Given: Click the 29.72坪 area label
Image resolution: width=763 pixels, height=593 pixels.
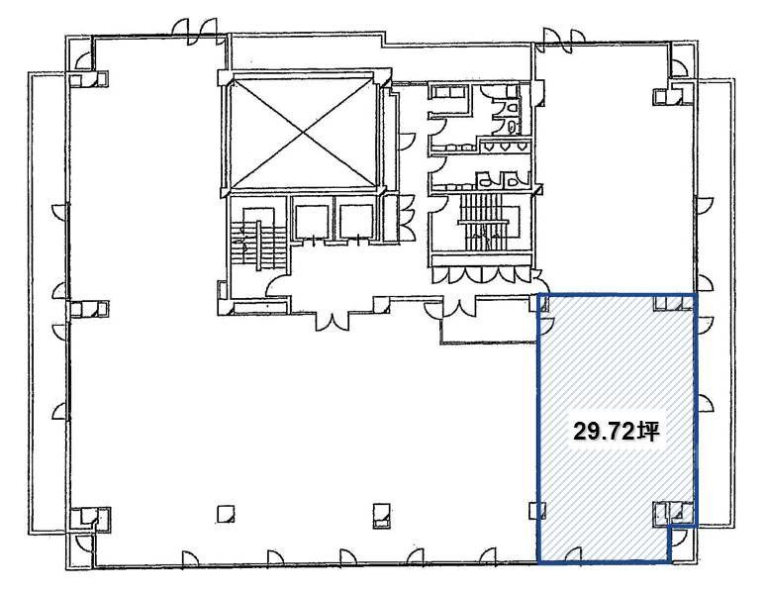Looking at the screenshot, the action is point(616,432).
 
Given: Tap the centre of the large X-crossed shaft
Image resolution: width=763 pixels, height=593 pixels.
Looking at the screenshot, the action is point(303,133).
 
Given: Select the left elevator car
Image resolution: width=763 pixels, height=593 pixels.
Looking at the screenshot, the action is point(312,221).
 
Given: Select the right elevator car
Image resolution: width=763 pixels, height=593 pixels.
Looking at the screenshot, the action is point(356,221).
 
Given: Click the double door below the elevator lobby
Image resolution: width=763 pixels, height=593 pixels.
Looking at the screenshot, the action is point(333,322).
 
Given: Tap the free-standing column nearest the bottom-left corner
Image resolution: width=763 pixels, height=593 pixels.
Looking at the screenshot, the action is point(226,513).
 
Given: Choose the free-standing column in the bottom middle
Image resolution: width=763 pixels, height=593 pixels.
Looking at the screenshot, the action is point(382,515).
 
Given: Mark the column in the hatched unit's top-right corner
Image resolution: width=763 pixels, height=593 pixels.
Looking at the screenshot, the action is point(674,303).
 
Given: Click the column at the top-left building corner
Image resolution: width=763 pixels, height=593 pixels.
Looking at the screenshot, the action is point(88,79).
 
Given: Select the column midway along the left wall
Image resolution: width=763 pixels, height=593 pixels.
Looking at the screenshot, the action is point(88,309).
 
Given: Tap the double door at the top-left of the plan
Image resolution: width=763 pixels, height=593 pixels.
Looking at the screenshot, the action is point(196,33).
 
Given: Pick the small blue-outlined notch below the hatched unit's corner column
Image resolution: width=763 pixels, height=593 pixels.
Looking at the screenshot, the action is point(683,544).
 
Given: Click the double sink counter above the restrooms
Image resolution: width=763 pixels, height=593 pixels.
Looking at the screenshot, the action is point(449,92).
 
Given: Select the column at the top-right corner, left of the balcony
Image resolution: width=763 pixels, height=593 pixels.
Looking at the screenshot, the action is point(674,96).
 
